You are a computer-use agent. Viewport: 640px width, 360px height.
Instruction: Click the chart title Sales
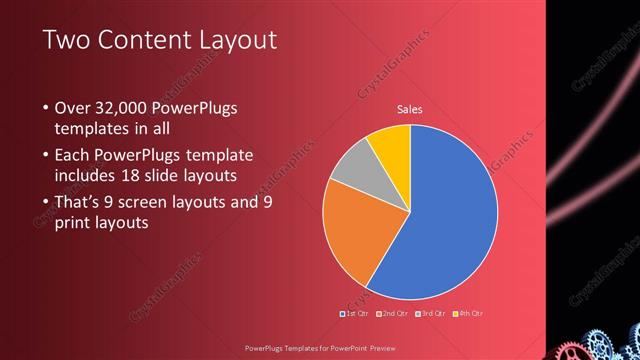tap(410, 109)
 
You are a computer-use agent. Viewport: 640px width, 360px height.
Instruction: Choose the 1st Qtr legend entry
tap(354, 313)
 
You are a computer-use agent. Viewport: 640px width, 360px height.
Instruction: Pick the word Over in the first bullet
tap(73, 108)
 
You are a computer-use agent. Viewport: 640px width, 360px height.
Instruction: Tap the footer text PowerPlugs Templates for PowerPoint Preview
tap(319, 348)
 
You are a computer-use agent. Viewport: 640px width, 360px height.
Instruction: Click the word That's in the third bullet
tap(80, 202)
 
